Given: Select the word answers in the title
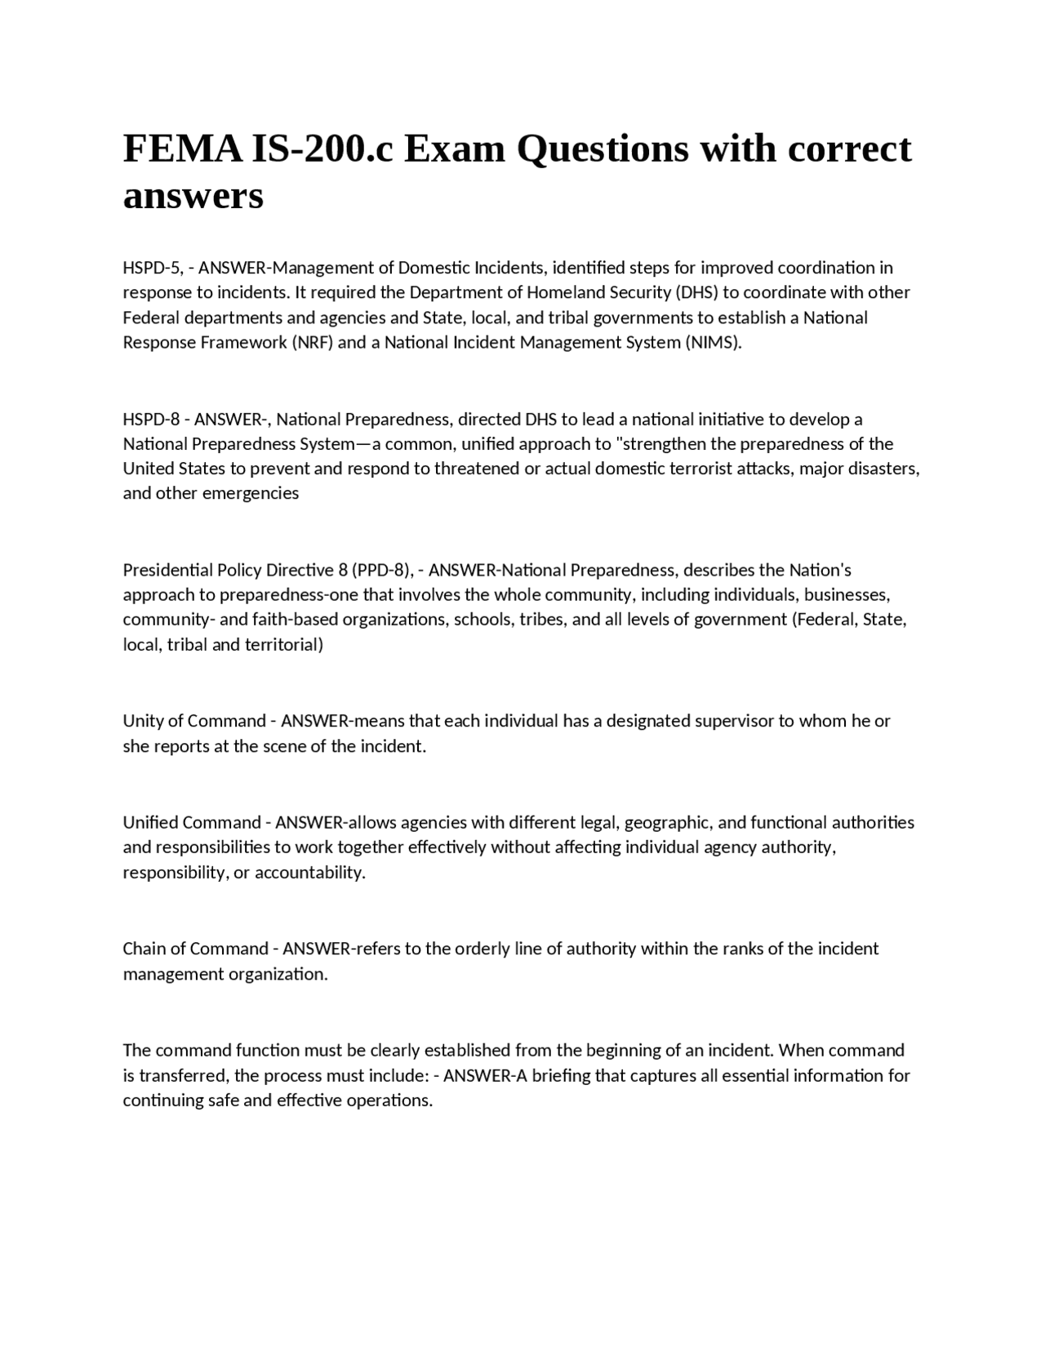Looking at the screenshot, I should (193, 197).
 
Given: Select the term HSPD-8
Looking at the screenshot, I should (151, 420).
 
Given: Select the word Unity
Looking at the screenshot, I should (142, 721).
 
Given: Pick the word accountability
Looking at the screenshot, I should (310, 873).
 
